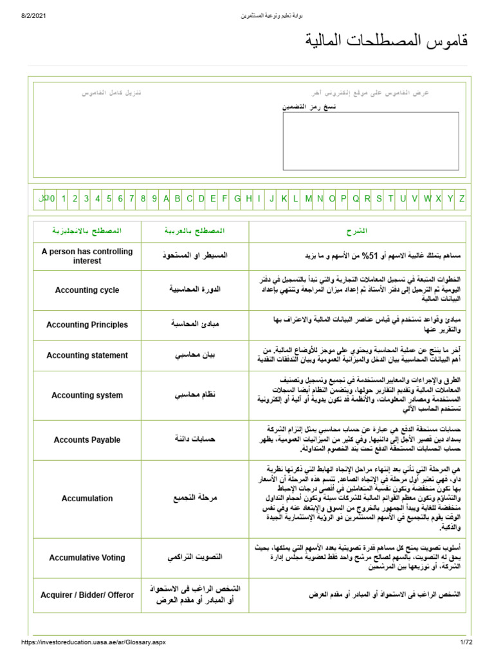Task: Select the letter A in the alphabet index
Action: pyautogui.click(x=166, y=199)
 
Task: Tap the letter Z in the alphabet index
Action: pyautogui.click(x=461, y=199)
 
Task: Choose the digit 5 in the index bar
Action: pyautogui.click(x=109, y=199)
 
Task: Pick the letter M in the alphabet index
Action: pyautogui.click(x=308, y=199)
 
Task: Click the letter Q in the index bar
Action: pyautogui.click(x=356, y=199)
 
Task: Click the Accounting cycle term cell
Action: pyautogui.click(x=87, y=290)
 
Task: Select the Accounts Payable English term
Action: pyautogui.click(x=87, y=440)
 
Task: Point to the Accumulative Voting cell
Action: pyautogui.click(x=87, y=557)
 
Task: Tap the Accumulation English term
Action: pyautogui.click(x=87, y=499)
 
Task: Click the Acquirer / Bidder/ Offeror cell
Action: pyautogui.click(x=87, y=595)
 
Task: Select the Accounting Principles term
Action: pyautogui.click(x=87, y=325)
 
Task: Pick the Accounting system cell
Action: pyautogui.click(x=87, y=395)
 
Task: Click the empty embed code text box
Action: pyautogui.click(x=370, y=141)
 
